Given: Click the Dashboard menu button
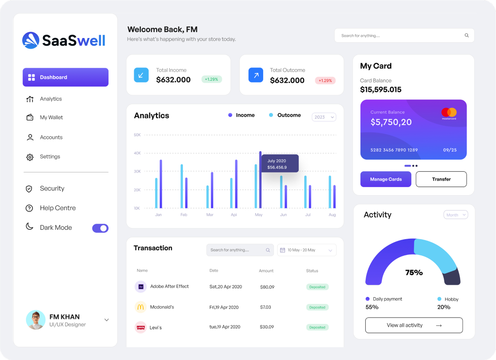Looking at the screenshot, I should (65, 77).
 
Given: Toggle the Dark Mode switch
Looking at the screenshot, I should (100, 228).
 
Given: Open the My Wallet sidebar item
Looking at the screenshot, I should (51, 117).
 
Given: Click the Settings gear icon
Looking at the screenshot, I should (30, 157).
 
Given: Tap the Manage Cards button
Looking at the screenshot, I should (386, 179).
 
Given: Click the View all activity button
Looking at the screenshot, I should (414, 325).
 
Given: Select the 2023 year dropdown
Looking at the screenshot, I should (324, 117).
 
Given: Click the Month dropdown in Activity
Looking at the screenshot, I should (455, 215).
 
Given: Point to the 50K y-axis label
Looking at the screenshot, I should (137, 135).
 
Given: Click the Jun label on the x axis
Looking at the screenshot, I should (283, 215).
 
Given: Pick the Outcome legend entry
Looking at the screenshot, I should (285, 115).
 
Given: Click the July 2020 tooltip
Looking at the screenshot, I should (280, 164).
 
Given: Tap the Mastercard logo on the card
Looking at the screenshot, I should (449, 113).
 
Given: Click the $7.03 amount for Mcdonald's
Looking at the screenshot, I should (265, 307).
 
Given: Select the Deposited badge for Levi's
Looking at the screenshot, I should (317, 328).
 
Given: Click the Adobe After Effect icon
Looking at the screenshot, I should (141, 287).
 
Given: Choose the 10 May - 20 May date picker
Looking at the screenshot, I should (307, 250).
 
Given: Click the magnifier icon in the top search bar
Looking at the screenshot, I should (467, 35).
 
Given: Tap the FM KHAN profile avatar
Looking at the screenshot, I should (35, 320).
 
